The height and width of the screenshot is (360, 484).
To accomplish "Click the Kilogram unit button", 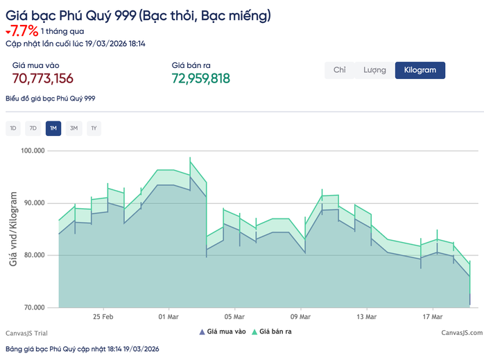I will pos(420,70).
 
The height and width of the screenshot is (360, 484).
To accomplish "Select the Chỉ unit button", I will pos(339,70).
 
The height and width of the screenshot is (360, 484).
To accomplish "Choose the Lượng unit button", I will pos(374,70).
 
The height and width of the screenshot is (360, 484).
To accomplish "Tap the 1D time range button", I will pos(13,128).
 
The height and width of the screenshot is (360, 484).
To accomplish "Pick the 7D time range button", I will pos(33,128).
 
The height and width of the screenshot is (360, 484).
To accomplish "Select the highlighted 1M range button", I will pos(53,128).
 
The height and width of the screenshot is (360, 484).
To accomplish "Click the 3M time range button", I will pos(74,128).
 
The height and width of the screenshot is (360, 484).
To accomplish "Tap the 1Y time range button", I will pos(94,128).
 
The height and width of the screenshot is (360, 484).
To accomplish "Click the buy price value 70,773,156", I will pos(43,78).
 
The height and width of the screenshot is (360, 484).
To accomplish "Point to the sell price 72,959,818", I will pos(200,78).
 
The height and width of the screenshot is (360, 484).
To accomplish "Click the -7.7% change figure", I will pos(23,31).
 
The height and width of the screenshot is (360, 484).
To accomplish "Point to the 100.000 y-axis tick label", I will pos(32,151).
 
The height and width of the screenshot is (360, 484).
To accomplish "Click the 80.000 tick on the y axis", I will pos(33,255).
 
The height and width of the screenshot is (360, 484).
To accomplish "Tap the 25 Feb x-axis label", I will pos(103,317).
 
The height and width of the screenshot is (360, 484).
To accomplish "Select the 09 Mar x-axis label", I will pos(300,317).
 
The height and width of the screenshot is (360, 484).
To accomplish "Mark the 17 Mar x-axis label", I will pos(432,317).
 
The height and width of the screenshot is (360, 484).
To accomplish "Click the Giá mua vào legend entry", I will pos(222,332).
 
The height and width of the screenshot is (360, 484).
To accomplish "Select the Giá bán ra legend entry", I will pos(271,332).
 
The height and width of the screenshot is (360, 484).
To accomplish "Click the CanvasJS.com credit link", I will pos(461,333).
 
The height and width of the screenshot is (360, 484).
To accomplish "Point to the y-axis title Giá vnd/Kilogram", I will pos(13,228).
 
